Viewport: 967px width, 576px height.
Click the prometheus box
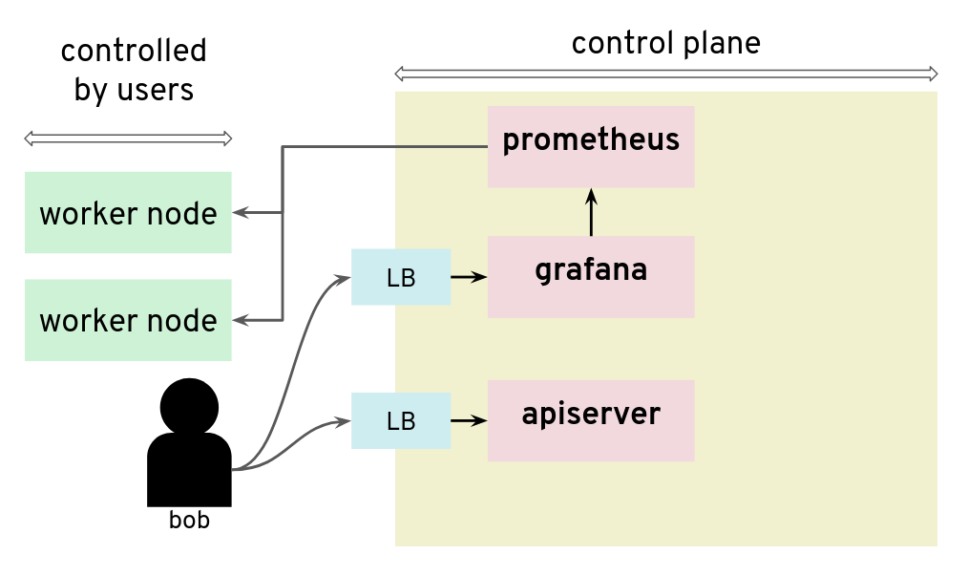[x=591, y=146]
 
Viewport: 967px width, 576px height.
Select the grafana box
[x=591, y=277]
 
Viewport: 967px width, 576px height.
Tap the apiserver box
[x=591, y=420]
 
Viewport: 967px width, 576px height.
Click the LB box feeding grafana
[x=401, y=277]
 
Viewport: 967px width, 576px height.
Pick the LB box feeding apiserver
[x=401, y=420]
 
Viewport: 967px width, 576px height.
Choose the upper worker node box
[x=128, y=212]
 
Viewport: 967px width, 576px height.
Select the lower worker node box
[x=128, y=320]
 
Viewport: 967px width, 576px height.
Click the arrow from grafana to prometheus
[x=591, y=212]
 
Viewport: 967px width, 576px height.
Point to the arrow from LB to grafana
[x=468, y=277]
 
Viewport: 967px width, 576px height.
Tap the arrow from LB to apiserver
[x=468, y=419]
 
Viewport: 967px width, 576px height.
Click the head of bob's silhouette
[x=189, y=407]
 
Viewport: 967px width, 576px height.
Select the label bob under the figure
[x=189, y=521]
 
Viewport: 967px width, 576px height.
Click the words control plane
[x=665, y=44]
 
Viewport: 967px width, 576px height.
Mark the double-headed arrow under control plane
[x=665, y=74]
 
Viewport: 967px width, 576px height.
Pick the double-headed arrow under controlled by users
[x=128, y=139]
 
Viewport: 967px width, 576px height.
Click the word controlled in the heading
[x=134, y=51]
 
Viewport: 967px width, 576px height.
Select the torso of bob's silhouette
[x=189, y=470]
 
